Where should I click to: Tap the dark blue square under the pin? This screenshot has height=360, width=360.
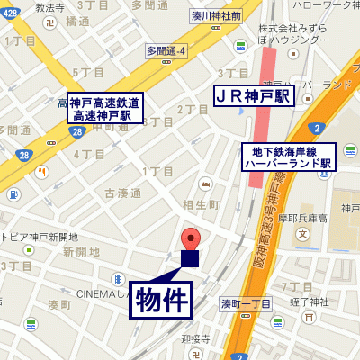190,259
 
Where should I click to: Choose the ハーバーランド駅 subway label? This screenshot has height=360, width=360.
287,158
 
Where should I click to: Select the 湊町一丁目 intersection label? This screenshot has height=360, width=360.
246,304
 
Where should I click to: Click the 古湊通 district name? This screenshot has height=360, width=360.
123,193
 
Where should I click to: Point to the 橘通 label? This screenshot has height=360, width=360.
76,22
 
